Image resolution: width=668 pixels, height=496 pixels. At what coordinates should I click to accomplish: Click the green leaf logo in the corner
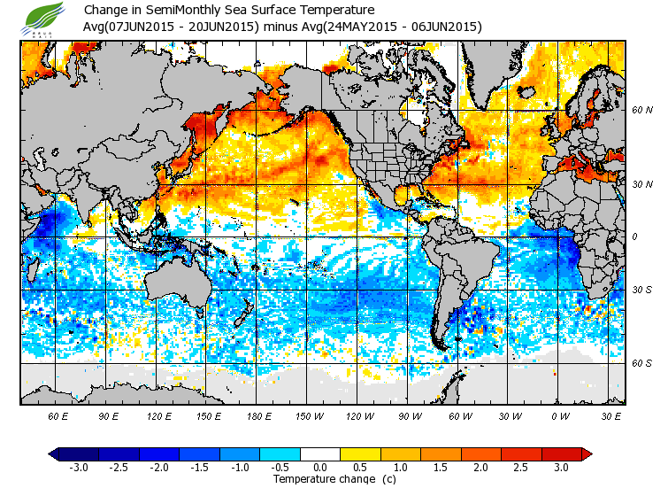(x=44, y=18)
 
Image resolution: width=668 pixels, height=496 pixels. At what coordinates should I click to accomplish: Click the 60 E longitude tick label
(x=58, y=415)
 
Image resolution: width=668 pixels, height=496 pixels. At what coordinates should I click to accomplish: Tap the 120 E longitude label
(x=159, y=415)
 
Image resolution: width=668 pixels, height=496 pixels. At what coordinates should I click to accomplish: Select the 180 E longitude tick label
(x=259, y=415)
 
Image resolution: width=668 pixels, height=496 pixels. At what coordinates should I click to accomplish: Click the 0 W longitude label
(x=560, y=415)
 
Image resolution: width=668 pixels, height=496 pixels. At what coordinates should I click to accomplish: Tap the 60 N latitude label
(x=642, y=111)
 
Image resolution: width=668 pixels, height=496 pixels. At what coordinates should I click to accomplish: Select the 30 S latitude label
(x=642, y=291)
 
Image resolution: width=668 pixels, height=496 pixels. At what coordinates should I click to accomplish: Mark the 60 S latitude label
(x=642, y=363)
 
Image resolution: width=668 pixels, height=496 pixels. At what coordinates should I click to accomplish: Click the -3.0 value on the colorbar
(x=79, y=467)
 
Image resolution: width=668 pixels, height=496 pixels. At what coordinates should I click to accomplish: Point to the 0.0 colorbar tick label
(x=320, y=467)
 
